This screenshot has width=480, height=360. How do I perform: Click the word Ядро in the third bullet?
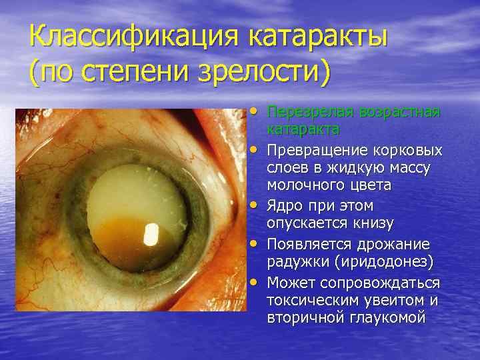(x=284, y=205)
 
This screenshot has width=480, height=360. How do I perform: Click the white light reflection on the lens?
(x=152, y=234)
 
